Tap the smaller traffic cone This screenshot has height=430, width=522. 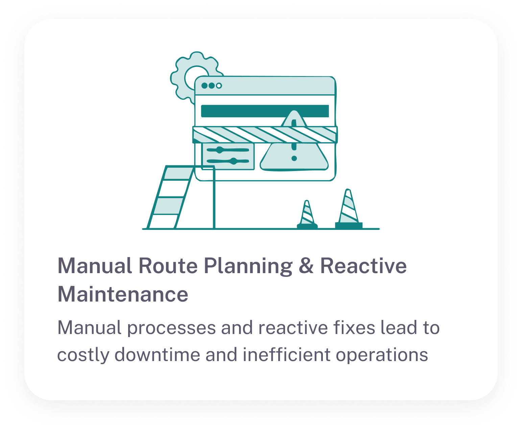(x=307, y=214)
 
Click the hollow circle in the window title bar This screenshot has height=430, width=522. (x=219, y=86)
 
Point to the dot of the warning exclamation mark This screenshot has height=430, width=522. (x=294, y=158)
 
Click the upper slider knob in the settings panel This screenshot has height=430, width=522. (x=220, y=150)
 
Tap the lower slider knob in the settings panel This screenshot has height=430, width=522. (x=233, y=161)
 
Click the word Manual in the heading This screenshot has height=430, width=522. (x=95, y=266)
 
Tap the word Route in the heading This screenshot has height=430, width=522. (x=168, y=266)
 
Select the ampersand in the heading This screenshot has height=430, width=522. (x=306, y=266)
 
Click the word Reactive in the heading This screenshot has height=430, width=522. (x=363, y=266)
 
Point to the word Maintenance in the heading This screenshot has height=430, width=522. (x=123, y=294)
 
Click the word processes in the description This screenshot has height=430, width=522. (x=171, y=328)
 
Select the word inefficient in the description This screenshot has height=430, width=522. (x=286, y=355)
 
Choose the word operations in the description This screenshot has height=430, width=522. (x=382, y=355)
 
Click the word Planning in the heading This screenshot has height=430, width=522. (x=248, y=266)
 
